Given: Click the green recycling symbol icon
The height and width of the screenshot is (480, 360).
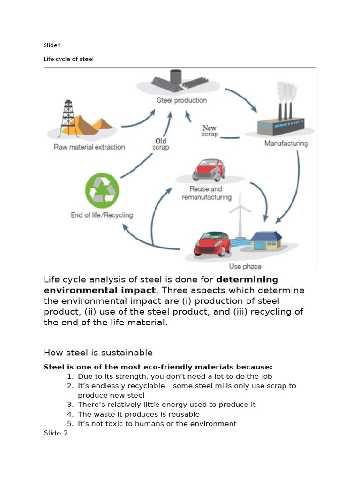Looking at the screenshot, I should tap(102, 191).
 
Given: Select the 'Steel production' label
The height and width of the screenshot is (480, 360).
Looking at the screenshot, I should tap(181, 100).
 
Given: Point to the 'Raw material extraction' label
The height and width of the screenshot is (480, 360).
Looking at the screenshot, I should tap(90, 147).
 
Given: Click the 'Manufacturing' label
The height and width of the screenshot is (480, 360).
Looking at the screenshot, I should tap(286, 143).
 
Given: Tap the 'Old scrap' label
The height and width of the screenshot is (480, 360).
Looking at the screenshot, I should tap(160, 143).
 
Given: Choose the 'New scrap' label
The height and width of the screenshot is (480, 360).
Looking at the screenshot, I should tap(209, 131).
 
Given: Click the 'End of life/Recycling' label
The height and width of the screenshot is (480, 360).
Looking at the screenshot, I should tap(102, 215).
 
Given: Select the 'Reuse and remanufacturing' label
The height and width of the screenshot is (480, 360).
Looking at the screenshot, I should tap(206, 193).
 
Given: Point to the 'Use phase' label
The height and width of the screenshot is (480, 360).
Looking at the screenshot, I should tap(242, 266).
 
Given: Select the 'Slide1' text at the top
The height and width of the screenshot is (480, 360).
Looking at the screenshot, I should tap(52, 45).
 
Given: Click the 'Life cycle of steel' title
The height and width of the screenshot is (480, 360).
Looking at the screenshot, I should tap(68, 59).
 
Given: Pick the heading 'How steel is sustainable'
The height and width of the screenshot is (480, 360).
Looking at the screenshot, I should tap(98, 352).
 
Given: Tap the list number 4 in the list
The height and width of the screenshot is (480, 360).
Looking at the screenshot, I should tap(70, 414).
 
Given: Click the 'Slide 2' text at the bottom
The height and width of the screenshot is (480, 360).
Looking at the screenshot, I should tap(56, 433).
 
